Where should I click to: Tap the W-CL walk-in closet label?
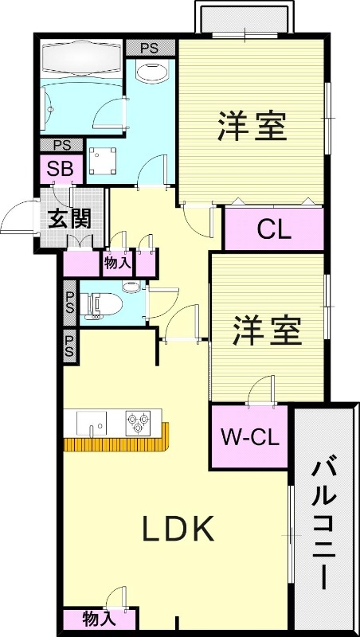click(248, 437)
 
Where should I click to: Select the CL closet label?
click(274, 229)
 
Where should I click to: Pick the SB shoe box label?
click(58, 170)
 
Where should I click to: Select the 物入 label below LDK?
click(100, 618)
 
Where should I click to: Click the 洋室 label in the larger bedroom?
click(252, 127)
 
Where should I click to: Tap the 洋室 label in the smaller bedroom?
click(267, 330)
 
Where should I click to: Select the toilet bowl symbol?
click(104, 303)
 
